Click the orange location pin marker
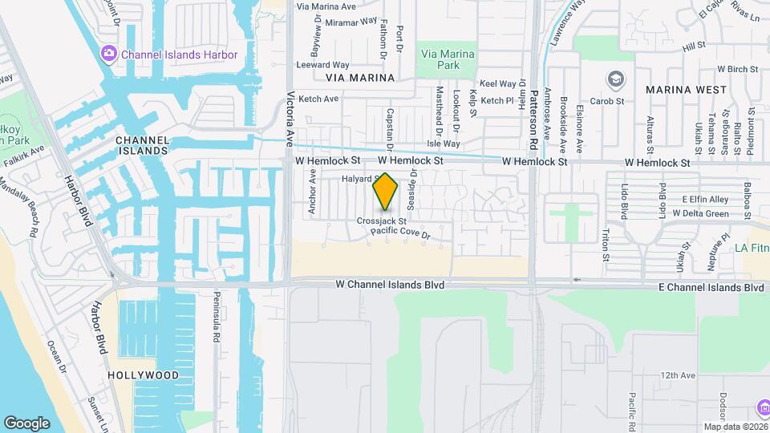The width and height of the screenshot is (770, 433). pos(386,191)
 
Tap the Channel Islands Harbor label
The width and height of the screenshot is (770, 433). pos(180,55)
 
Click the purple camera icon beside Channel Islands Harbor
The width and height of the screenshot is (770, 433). pos(108,54)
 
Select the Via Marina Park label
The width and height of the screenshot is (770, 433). pos(448,59)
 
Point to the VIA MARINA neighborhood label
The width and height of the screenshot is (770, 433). pos(360,78)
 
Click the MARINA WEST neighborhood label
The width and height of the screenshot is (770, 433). pos(686,90)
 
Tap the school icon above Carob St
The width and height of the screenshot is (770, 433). pos(615,79)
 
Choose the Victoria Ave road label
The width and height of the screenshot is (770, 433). pos(290,119)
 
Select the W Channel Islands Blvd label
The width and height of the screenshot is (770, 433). pos(390,285)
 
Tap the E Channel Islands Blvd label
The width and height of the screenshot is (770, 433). pos(711,287)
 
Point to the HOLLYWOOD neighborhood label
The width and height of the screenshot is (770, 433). pos(144,375)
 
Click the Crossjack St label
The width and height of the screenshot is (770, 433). pos(382,221)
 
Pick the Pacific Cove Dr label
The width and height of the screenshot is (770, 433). pos(401,233)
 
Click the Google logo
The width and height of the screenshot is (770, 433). pos(26,423)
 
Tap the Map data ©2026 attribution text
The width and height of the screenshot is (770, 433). pos(735,427)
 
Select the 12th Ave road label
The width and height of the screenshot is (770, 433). pos(678,375)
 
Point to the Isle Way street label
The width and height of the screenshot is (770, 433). pos(444,144)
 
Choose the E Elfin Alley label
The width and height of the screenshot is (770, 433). pos(705,199)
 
